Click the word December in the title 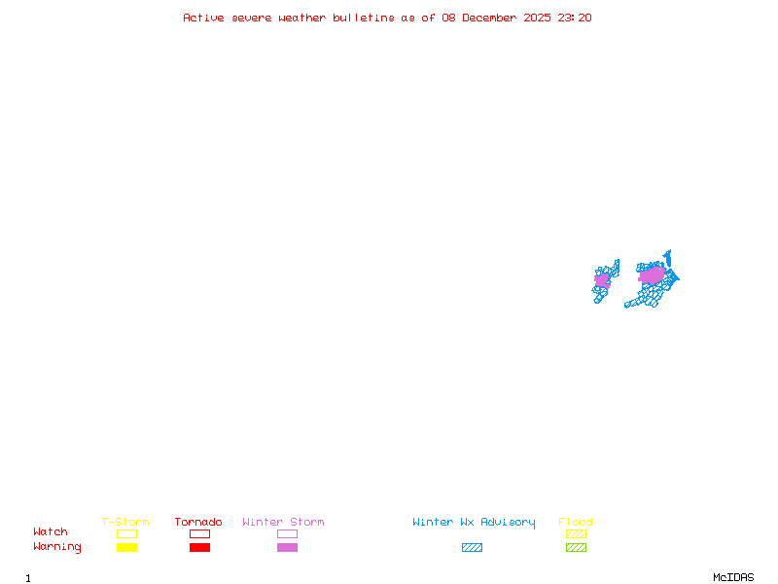(x=489, y=18)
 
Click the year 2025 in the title (x=538, y=18)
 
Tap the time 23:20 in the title (x=575, y=18)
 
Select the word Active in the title (x=203, y=18)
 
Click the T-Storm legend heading (x=125, y=522)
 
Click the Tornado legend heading (x=198, y=522)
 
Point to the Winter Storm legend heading (x=283, y=522)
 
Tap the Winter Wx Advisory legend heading (x=474, y=523)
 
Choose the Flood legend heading (x=576, y=522)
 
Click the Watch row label (x=51, y=531)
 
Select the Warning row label (x=57, y=547)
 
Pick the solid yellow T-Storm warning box (x=127, y=547)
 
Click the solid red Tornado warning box (x=200, y=547)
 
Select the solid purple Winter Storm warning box (x=287, y=547)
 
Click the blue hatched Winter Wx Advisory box (x=472, y=547)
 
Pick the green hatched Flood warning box (x=576, y=547)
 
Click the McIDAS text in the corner (x=733, y=577)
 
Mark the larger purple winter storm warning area (x=652, y=275)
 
